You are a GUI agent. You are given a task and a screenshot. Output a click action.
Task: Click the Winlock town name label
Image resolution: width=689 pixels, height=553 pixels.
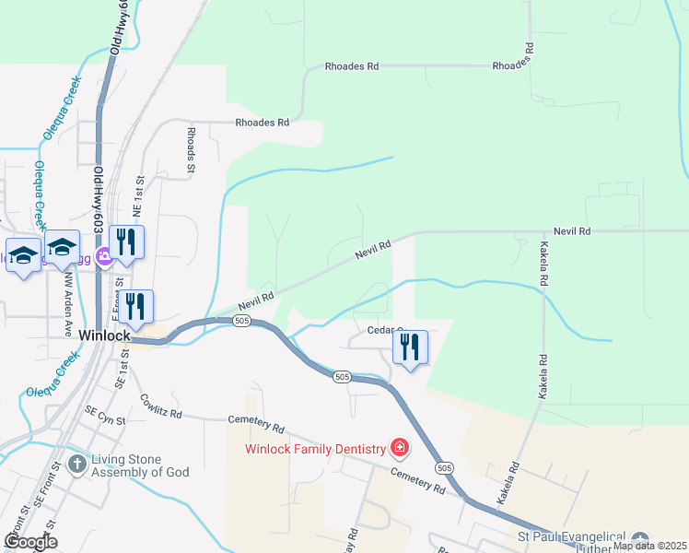click(104, 335)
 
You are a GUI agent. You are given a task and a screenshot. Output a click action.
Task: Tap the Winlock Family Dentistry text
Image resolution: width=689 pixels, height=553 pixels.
click(315, 449)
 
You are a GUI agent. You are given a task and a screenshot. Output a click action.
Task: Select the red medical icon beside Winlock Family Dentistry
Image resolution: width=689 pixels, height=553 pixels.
click(400, 449)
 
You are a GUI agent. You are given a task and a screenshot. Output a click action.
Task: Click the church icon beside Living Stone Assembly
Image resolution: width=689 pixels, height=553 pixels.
click(77, 465)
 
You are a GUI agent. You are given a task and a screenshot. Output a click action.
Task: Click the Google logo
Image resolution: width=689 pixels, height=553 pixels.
click(30, 542)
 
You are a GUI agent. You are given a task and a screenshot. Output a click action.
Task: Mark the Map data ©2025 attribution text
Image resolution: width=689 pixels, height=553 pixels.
click(649, 546)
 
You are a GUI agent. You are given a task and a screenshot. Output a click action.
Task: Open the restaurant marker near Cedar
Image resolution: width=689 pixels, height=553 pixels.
click(411, 348)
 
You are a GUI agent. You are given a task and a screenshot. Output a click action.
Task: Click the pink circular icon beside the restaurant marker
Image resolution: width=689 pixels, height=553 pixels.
click(106, 260)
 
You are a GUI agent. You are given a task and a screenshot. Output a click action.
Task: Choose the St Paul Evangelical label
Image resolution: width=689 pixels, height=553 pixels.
click(571, 537)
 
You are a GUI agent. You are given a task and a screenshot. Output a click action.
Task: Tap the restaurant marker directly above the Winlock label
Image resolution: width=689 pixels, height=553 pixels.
click(135, 308)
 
